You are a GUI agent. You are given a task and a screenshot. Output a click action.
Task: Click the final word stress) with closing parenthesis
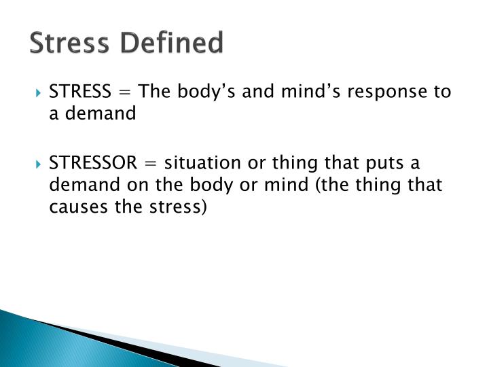coord(179,207)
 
